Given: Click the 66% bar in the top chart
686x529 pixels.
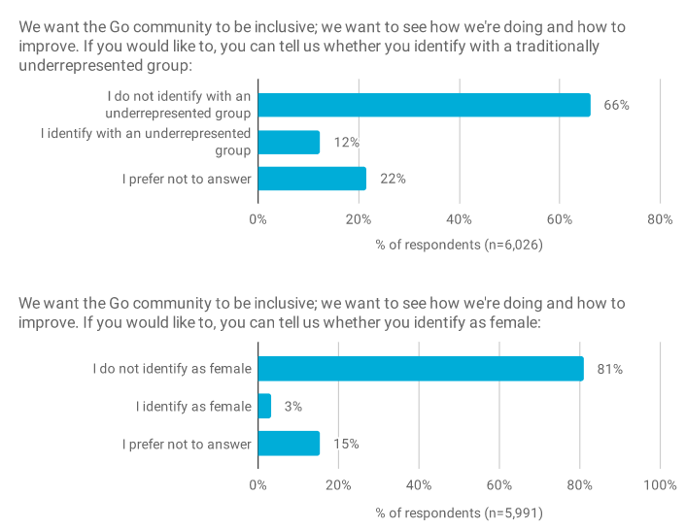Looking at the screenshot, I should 424,105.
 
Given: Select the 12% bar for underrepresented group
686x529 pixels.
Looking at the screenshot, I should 289,142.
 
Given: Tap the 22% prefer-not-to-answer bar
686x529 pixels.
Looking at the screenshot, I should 312,179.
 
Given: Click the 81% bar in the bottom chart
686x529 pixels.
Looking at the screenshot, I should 421,369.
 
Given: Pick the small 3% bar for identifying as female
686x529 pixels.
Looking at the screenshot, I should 264,406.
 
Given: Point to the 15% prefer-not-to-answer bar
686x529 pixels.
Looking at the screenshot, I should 289,444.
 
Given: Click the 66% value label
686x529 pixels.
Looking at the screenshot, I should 616,105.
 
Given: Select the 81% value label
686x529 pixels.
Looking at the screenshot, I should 609,369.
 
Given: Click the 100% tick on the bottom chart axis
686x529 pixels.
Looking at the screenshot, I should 660,485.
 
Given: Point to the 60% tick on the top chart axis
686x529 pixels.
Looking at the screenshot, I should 560,219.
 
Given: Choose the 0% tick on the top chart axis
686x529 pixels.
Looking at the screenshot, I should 257,219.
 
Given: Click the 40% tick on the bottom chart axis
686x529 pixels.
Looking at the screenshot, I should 419,485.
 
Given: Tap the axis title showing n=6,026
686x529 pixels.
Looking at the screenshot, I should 459,245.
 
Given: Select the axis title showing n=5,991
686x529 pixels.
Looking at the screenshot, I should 459,512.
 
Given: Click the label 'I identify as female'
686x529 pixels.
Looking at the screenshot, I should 193,407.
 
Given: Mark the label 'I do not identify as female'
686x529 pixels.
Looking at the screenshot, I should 172,369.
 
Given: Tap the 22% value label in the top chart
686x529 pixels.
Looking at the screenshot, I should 393,179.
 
